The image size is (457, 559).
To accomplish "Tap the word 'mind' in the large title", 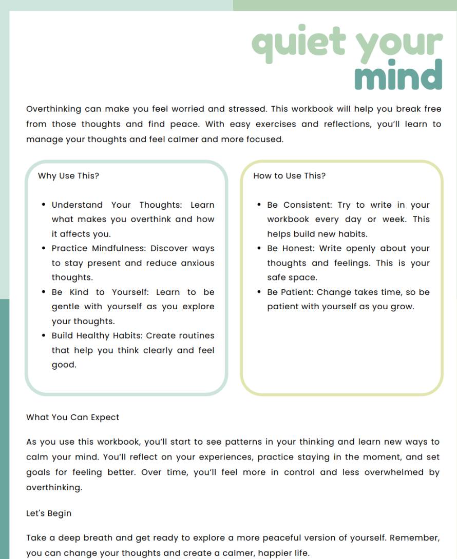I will tap(398, 76).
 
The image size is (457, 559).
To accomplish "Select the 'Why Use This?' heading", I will tap(68, 176).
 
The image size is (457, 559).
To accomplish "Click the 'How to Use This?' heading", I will tap(289, 176).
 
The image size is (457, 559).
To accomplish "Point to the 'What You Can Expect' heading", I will tap(72, 417).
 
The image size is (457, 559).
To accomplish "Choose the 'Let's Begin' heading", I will tap(49, 513).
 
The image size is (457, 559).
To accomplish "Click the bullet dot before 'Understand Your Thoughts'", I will tap(44, 205).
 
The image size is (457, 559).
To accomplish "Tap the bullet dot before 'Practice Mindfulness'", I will tap(44, 249).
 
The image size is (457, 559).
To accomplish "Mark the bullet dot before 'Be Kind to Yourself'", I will tap(44, 292).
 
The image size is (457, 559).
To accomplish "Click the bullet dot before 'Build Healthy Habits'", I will tap(44, 336).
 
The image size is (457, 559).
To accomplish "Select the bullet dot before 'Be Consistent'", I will tap(259, 205).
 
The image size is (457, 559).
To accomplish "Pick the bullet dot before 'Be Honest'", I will tap(259, 249).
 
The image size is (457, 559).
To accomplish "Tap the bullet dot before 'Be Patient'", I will tap(259, 292).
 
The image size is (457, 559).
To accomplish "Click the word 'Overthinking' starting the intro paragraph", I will tap(53, 109).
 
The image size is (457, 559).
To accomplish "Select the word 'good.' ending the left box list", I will tap(64, 365).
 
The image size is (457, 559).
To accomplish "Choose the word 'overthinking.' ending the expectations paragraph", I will tap(54, 487).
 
